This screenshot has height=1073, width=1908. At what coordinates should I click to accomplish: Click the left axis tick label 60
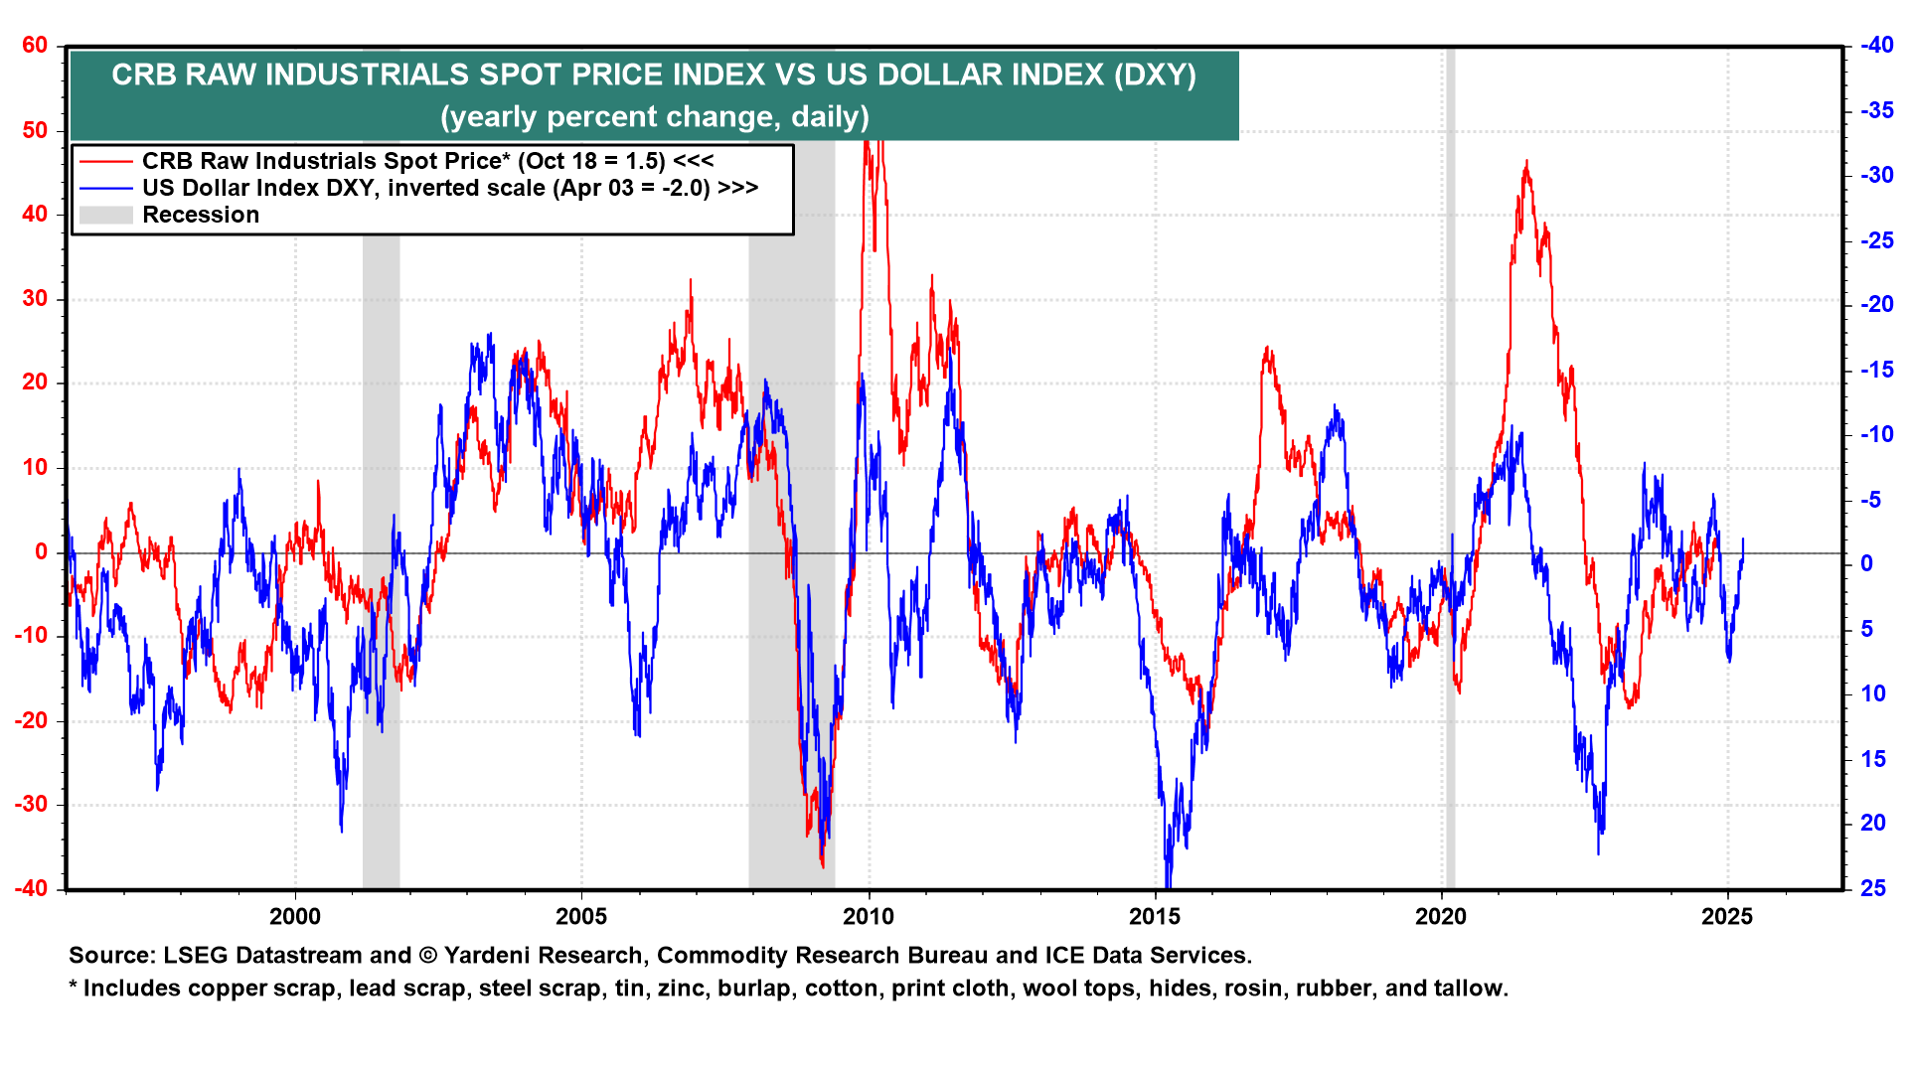coord(35,46)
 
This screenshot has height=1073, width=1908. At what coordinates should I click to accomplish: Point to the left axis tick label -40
coord(31,888)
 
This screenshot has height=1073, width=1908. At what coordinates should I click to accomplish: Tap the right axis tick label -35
coord(1877,110)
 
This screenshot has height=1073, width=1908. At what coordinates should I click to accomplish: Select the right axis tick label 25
coord(1873,888)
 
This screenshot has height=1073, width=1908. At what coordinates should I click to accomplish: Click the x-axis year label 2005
coord(581,917)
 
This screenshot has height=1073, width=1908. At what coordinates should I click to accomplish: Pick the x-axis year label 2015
coord(1155,917)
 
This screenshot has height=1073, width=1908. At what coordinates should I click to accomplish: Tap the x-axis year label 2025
coord(1727,917)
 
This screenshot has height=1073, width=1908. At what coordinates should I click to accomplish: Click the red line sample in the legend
coord(105,161)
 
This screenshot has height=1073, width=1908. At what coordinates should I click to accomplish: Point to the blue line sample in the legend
coord(105,188)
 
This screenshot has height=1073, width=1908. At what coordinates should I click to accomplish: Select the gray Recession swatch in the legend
coord(105,215)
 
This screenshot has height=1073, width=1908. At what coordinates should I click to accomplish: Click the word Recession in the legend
coord(201,216)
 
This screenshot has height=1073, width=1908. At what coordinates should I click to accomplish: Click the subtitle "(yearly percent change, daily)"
coord(655,117)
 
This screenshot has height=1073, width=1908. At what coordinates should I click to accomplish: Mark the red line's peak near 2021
coord(1526,161)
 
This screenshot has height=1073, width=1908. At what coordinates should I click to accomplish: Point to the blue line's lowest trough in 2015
coord(1168,884)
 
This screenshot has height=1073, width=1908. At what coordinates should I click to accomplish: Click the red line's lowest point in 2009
coord(822,866)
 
